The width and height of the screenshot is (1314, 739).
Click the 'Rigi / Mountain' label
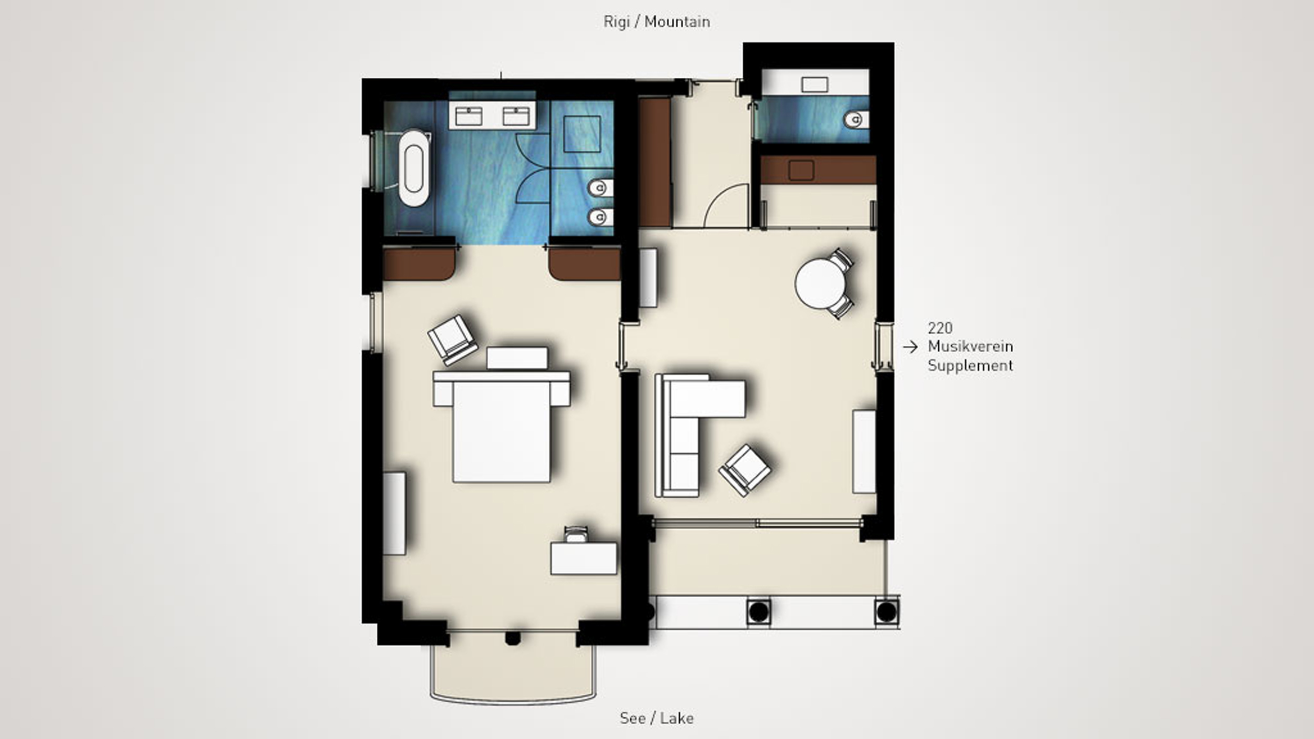[x=656, y=22]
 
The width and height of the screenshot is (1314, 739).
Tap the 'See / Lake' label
[x=656, y=718]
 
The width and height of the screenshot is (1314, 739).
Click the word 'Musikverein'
[x=970, y=346]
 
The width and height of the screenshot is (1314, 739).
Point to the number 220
[x=940, y=328]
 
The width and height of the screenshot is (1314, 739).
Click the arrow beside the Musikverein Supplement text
[x=910, y=347]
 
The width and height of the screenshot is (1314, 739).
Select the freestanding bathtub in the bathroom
[x=414, y=168]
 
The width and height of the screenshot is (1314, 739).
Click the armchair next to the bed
[x=453, y=340]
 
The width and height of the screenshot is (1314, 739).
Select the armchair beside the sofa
[x=745, y=470]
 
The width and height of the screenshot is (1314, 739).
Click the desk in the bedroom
[x=583, y=558]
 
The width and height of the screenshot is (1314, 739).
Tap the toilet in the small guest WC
[x=856, y=120]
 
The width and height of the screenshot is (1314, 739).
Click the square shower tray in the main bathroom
[x=582, y=134]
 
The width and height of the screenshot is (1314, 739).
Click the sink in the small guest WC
[x=815, y=84]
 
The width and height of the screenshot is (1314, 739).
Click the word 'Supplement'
[x=970, y=365]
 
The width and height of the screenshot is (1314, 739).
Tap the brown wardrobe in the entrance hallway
[x=655, y=162]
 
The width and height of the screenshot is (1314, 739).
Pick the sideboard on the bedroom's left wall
[x=394, y=514]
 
